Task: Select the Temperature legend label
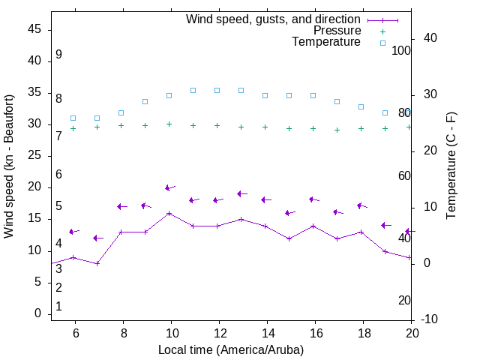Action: tap(326, 42)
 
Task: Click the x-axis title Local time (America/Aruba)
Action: tap(231, 349)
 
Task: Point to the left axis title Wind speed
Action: tap(9, 166)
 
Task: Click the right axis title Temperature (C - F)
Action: tap(451, 166)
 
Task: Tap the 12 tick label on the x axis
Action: tap(219, 332)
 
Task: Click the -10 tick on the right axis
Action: tap(430, 319)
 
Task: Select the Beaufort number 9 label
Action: tap(58, 55)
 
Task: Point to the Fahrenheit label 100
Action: tap(401, 50)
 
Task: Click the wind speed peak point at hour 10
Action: tap(169, 213)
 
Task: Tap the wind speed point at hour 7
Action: tap(97, 263)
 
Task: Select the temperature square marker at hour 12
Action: tap(217, 90)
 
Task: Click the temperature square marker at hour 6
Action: tap(73, 118)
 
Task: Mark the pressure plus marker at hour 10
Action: tap(169, 124)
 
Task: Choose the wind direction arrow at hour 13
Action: tap(242, 193)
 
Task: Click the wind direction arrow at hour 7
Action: tap(98, 238)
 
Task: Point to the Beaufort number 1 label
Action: tap(58, 307)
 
